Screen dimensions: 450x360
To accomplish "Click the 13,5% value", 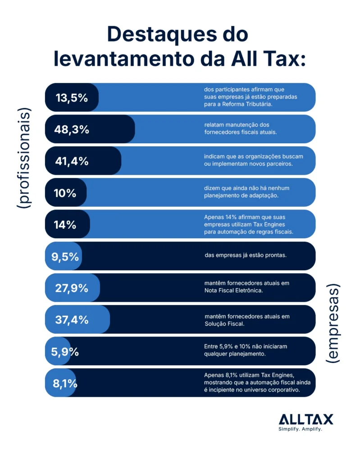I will (71, 98).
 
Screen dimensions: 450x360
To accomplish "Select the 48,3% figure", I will (71, 130).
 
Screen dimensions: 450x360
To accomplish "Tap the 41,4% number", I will (71, 161).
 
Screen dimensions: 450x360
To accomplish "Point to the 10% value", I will (65, 193).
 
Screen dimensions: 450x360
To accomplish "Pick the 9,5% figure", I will (65, 257).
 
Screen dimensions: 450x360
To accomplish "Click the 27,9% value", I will (71, 288).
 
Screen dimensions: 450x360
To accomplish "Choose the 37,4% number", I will (71, 320).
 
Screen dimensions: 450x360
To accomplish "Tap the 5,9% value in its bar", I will (65, 352).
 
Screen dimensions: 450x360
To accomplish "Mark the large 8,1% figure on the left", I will (65, 384).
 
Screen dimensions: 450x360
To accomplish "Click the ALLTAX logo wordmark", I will (306, 419).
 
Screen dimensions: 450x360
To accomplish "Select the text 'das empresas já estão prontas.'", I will (246, 255).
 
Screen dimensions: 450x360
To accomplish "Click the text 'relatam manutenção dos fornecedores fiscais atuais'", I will (240, 128).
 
